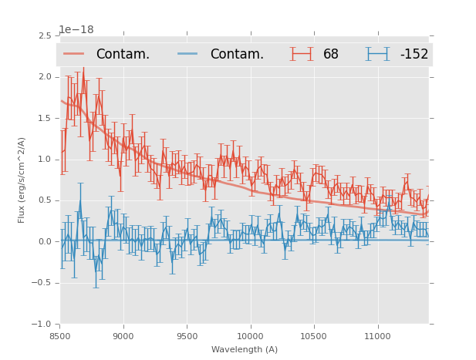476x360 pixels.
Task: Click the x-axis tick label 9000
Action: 123,337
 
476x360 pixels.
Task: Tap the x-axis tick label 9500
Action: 187,337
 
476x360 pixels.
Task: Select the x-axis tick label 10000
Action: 250,337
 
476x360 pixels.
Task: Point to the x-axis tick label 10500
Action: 314,337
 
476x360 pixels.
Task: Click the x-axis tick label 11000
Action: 377,337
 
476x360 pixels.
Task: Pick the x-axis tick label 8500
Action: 60,337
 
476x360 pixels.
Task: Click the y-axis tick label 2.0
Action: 44,77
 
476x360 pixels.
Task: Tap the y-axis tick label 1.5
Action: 44,118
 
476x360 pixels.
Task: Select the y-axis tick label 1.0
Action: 44,160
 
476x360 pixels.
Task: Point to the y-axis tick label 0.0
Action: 44,242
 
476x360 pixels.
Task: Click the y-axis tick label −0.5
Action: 41,283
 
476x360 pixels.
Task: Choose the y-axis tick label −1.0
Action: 41,325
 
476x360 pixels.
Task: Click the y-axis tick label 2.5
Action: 44,35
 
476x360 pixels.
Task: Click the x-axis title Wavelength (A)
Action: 245,350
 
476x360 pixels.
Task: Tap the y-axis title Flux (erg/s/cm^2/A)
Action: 22,180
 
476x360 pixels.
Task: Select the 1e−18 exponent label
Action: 76,30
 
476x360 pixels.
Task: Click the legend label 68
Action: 331,55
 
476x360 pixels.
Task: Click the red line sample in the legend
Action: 74,54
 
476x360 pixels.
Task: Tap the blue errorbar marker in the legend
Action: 377,54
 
